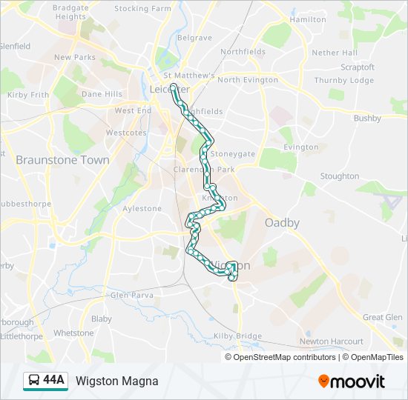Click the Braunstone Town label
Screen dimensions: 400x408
point(62,160)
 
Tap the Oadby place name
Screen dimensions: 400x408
point(282,223)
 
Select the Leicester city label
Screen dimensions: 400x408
point(170,89)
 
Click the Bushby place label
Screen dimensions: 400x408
point(367,119)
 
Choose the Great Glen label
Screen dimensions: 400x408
point(383,318)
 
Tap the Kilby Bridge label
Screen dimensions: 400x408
point(238,336)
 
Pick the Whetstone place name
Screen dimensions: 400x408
point(74,333)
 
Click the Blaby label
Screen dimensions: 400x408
point(102,319)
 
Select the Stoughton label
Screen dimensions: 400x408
point(340,176)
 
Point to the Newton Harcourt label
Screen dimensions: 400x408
point(332,341)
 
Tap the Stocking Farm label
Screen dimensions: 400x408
point(142,9)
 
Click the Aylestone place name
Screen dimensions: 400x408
point(142,209)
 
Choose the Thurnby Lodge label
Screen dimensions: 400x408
point(344,81)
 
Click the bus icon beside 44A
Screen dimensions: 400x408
point(34,381)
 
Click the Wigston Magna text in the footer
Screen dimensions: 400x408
point(116,381)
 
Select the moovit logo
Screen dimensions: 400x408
point(352,381)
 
